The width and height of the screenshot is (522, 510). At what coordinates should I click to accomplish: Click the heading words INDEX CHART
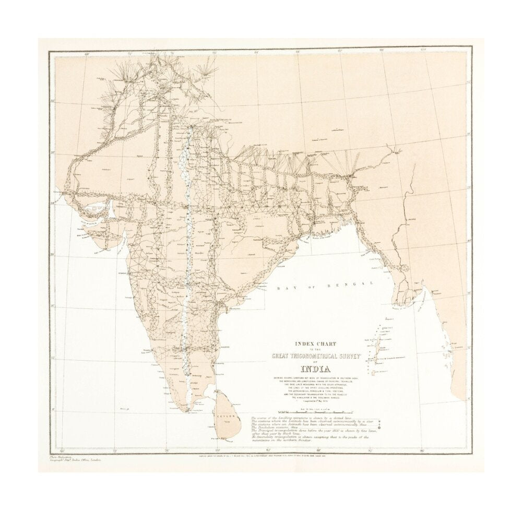click(313, 343)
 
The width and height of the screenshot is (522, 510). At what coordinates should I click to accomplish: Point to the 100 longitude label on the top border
click(424, 50)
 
